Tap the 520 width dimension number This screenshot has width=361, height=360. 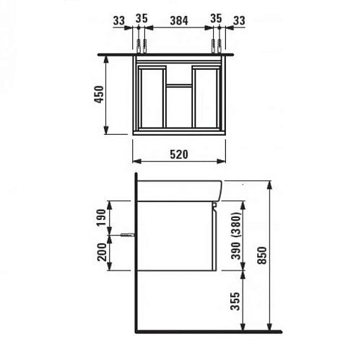click(179, 154)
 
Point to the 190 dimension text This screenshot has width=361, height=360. click(100, 216)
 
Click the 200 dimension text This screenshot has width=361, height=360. click(100, 253)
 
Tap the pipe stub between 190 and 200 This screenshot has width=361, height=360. click(128, 235)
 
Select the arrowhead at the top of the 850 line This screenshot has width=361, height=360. click(269, 180)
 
